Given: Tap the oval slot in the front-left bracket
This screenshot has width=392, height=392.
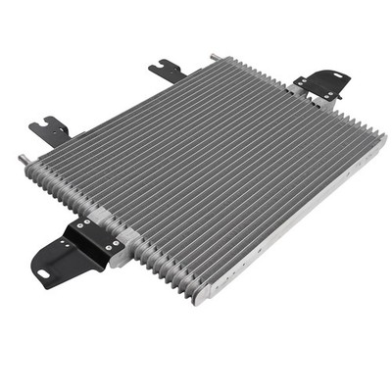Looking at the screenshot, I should pyautogui.click(x=57, y=259).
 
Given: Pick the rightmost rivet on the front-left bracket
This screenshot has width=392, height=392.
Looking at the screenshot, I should pyautogui.click(x=117, y=243).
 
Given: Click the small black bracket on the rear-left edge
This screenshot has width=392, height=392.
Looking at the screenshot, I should pyautogui.click(x=49, y=128).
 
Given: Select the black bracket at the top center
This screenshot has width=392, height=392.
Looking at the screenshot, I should pyautogui.click(x=166, y=70).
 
